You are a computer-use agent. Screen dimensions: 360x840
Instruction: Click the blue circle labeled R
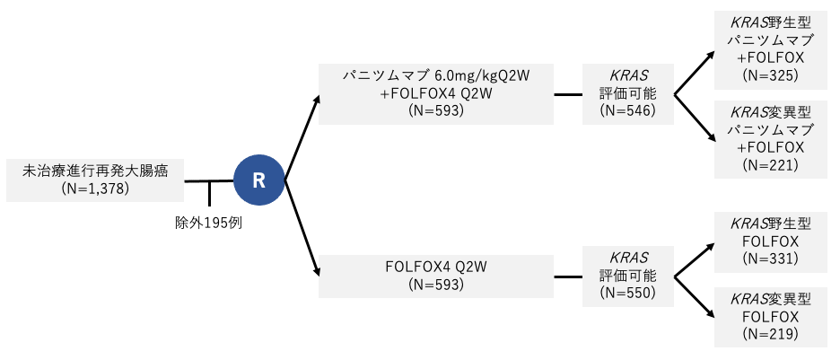[x=258, y=180]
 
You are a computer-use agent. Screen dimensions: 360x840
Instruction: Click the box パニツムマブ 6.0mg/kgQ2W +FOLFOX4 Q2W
[x=436, y=93]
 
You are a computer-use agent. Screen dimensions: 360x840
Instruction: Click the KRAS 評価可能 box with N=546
[x=627, y=93]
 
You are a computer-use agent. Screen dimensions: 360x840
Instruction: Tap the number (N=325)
[x=771, y=75]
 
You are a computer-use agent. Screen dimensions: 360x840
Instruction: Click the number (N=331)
[x=771, y=258]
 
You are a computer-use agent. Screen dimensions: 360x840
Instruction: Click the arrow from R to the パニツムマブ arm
[x=302, y=135]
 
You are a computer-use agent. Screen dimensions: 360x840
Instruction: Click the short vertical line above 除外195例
[x=209, y=193]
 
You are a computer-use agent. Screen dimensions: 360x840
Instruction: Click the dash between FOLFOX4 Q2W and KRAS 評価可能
[x=567, y=275]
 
